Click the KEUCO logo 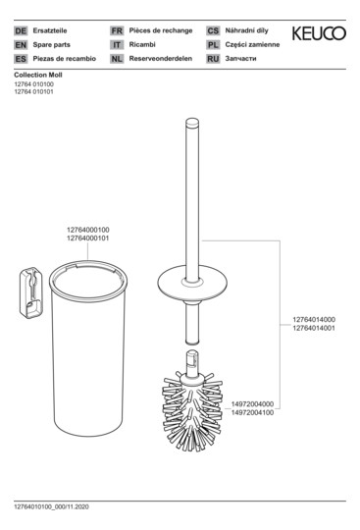[x=319, y=33]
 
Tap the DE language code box [x=21, y=30]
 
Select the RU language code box [x=213, y=59]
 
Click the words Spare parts [x=51, y=44]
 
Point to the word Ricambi [x=142, y=44]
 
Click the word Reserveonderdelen [x=161, y=59]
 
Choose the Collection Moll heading [x=38, y=75]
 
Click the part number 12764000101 [x=88, y=238]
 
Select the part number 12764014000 [x=314, y=319]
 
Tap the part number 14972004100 [x=252, y=412]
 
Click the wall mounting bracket [x=31, y=292]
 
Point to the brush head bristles [x=192, y=410]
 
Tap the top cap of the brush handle [x=192, y=122]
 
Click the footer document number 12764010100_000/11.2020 [x=51, y=506]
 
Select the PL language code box [x=213, y=44]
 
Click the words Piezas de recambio [x=64, y=59]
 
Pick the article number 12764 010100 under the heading [x=33, y=84]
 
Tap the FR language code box [x=117, y=30]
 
